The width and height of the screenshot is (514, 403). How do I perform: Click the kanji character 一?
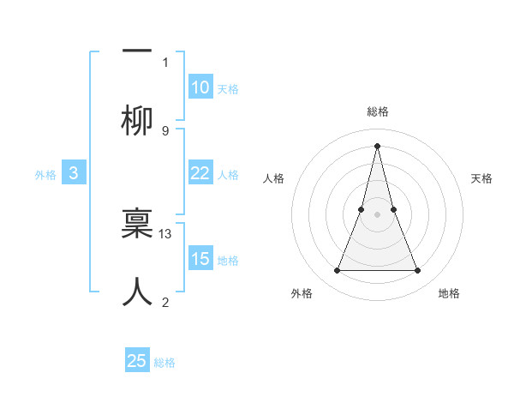pos(137,51)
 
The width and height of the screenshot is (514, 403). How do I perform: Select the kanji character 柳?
pos(137,122)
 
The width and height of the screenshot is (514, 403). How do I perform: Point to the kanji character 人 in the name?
pos(137,292)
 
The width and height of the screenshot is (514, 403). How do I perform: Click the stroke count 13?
pos(166,233)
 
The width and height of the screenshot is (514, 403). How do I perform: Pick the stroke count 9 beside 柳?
pos(165,130)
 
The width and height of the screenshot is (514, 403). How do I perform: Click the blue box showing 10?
pos(200,87)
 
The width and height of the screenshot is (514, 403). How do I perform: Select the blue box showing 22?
pos(200,173)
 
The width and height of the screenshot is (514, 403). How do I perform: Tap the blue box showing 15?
pos(200,259)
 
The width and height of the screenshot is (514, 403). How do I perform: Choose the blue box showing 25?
pos(137,361)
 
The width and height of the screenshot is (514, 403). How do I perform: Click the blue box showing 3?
pos(74,173)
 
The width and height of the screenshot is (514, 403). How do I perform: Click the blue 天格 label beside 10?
pos(228,89)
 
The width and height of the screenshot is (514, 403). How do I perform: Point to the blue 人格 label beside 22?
pos(228,175)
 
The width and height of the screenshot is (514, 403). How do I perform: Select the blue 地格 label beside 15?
pos(228,261)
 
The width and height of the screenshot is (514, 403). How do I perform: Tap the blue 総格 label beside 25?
pos(164,363)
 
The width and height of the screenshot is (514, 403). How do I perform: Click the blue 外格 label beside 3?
pos(45,175)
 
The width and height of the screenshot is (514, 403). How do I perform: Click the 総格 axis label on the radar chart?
pos(377,111)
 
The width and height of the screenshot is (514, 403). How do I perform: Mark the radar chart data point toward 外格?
pos(337,271)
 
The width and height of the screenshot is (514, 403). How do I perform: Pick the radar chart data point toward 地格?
pos(418,271)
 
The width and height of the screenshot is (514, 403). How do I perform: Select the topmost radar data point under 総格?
pos(377,145)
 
